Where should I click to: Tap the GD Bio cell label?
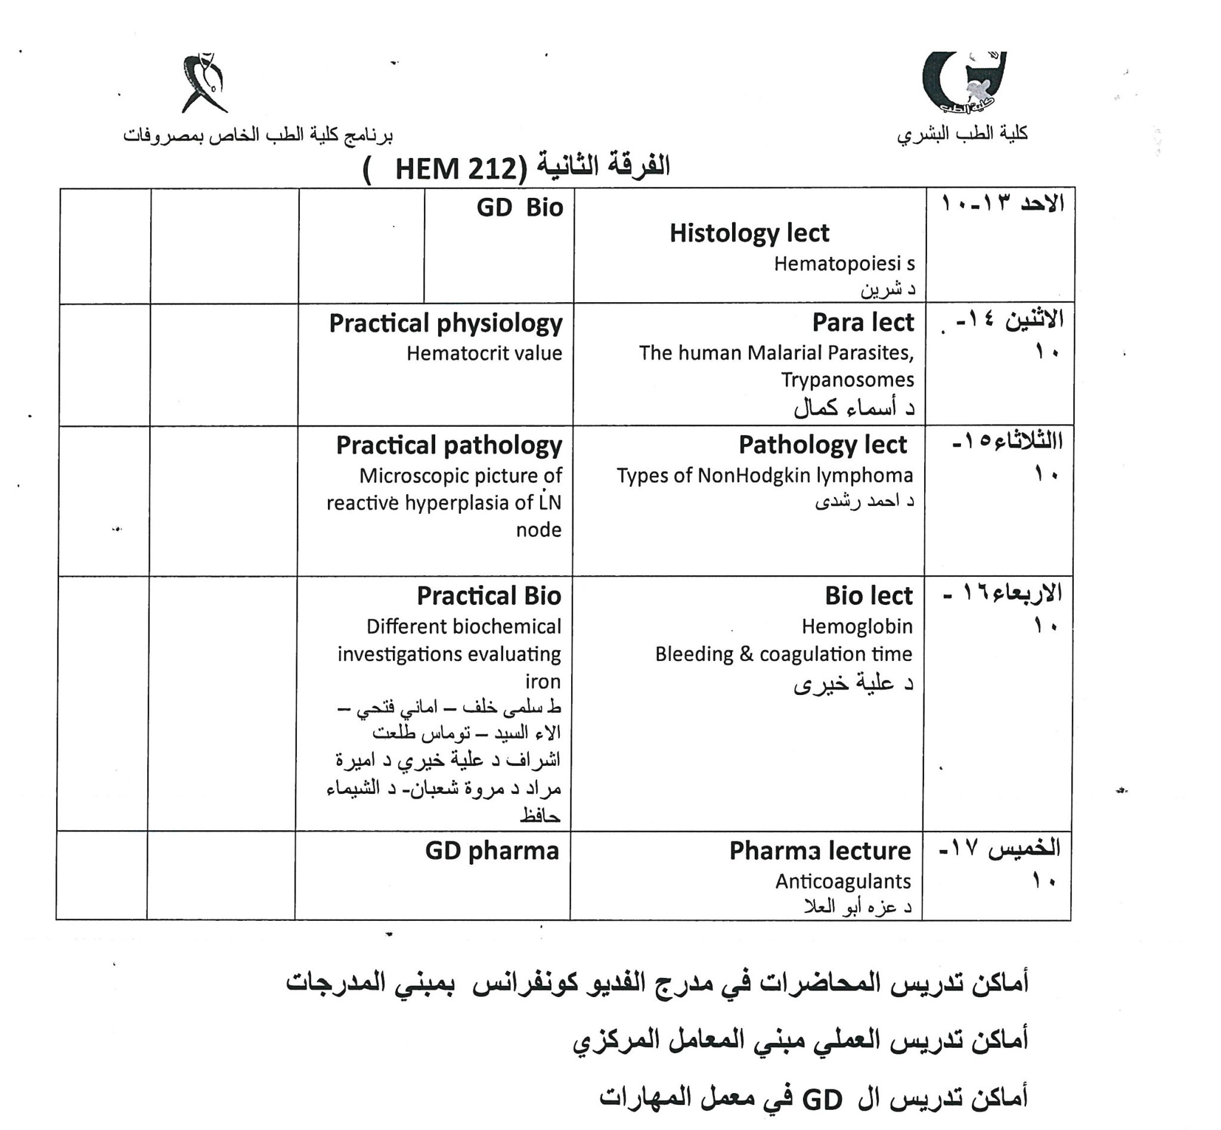519,208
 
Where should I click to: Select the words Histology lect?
749,234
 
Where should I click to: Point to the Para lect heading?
863,323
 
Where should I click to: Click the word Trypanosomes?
847,380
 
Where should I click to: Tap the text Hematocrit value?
484,353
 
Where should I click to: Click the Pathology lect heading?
822,445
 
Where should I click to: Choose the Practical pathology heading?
448,446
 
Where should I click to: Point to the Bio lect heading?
868,595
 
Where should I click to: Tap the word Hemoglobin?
856,626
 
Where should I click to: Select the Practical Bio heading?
488,596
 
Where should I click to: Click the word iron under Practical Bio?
542,681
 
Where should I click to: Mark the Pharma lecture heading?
819,850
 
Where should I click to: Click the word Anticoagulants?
842,881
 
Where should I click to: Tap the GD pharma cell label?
491,850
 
